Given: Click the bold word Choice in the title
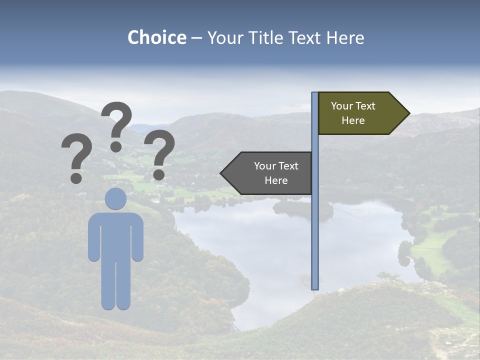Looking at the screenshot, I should click(156, 37).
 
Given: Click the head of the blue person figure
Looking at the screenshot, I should click(115, 198).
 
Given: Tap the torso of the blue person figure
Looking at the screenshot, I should click(115, 235).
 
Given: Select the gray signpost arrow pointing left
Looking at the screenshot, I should click(270, 173).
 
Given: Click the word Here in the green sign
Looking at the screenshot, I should click(353, 120).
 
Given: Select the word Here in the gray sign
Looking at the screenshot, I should click(276, 180).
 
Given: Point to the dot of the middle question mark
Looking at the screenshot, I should click(116, 146).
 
